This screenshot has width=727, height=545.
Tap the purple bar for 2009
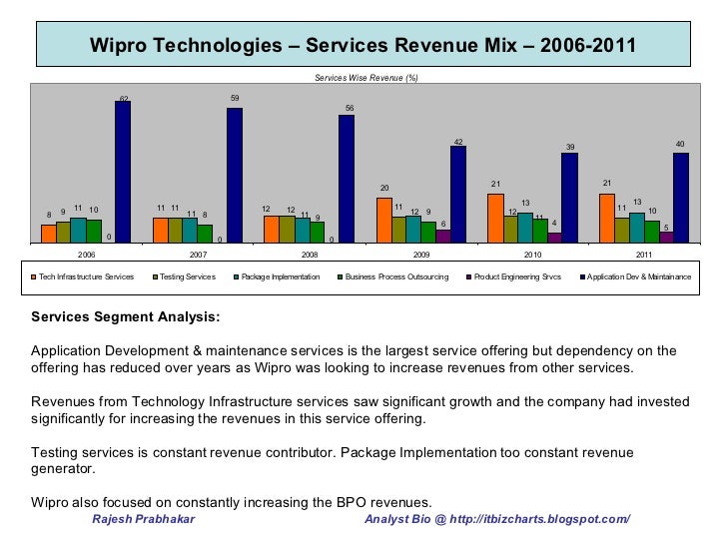443,236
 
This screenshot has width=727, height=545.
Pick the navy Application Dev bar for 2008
347,179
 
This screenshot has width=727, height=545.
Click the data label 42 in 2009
458,142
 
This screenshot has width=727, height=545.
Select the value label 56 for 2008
350,108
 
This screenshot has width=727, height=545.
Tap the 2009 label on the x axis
421,255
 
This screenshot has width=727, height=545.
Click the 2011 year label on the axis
644,255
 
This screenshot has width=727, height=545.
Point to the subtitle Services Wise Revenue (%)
366,77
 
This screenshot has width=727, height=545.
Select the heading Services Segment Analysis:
127,318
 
